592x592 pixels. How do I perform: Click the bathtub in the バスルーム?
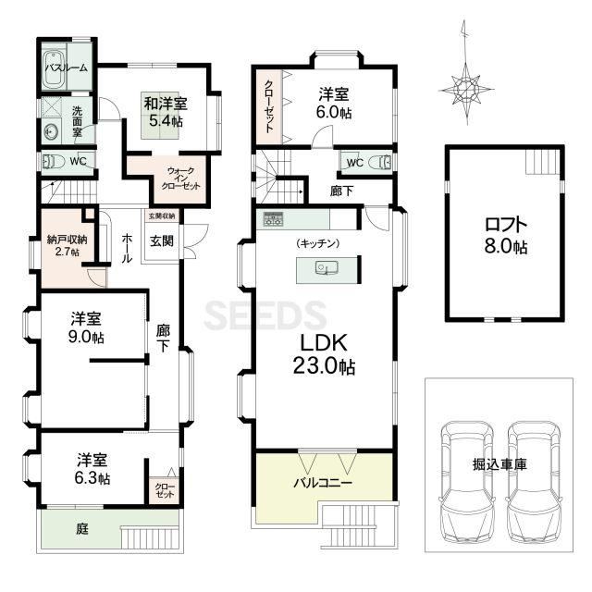point(54,68)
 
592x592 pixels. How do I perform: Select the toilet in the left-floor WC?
point(54,162)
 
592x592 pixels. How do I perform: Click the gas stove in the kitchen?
point(273,219)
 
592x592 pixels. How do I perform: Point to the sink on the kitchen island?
point(327,267)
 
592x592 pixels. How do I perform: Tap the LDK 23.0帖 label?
point(324,354)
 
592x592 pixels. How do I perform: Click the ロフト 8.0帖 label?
point(506,235)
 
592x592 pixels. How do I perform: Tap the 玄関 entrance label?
point(162,240)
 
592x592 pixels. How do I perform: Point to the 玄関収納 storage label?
point(162,216)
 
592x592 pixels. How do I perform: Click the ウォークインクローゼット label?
point(180,179)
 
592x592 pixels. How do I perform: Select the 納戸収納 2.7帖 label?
point(68,246)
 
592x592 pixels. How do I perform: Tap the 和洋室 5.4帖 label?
point(166,112)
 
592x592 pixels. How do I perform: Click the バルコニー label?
point(323,483)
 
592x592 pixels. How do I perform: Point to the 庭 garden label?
point(82,528)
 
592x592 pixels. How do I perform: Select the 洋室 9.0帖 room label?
point(86,327)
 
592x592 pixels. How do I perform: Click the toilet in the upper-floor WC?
point(380,163)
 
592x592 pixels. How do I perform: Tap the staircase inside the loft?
point(543,162)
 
